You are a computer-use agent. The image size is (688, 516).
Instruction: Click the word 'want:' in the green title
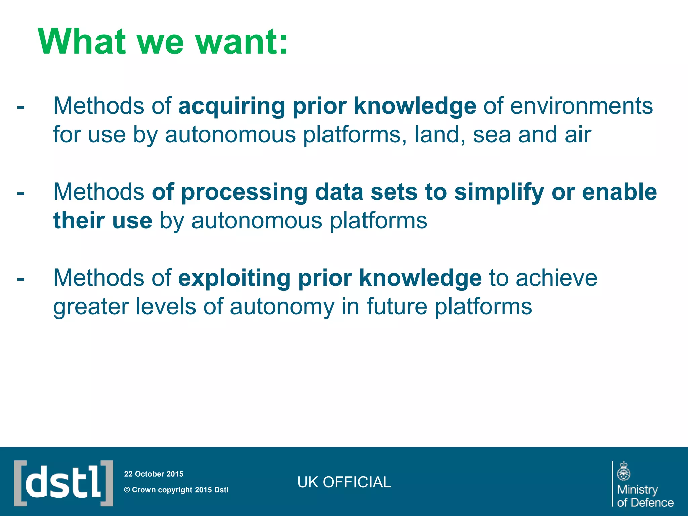(241, 42)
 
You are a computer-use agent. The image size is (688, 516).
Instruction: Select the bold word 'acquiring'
(231, 106)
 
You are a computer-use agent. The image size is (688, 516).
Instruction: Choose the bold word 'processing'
(244, 193)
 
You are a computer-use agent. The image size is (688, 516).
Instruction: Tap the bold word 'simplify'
(499, 193)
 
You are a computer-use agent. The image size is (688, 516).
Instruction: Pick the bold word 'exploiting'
(234, 278)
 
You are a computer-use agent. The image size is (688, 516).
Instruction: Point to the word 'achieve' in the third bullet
(556, 278)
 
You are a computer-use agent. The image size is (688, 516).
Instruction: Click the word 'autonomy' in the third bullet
(282, 307)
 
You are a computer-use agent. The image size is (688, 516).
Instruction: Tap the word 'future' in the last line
(397, 307)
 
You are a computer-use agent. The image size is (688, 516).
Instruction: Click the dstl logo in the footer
(63, 483)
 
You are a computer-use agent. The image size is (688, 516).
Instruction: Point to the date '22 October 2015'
(154, 474)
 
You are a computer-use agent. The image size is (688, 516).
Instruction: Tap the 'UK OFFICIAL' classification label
(344, 482)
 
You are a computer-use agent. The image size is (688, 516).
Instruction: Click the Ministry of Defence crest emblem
(623, 471)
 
